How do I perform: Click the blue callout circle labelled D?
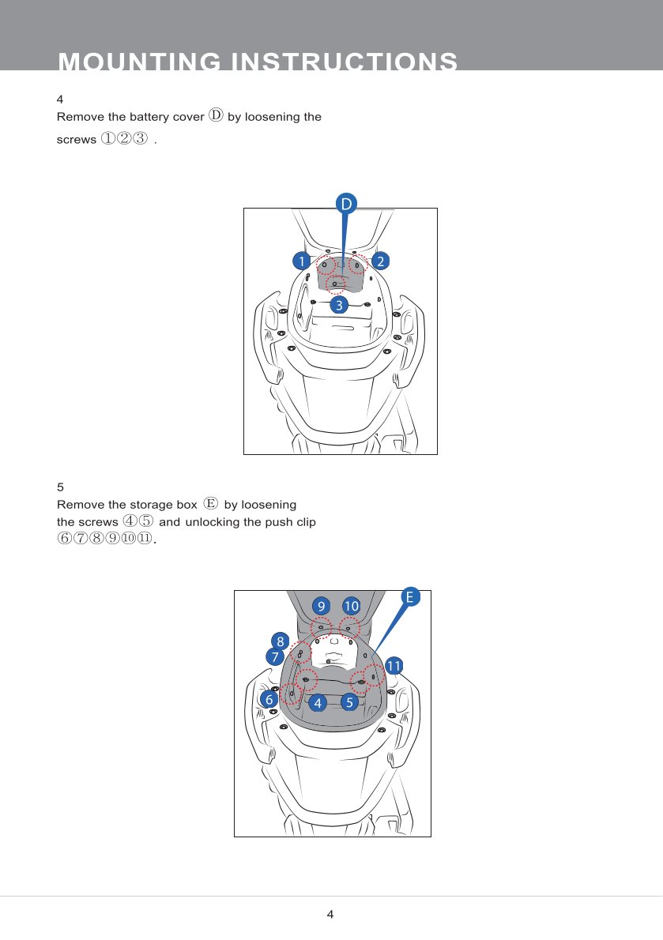coord(346,204)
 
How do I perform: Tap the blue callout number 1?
coord(302,261)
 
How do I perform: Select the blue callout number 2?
coord(380,261)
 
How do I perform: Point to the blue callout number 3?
coord(339,305)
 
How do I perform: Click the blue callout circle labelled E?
coord(410,597)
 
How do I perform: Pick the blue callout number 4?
coord(318,702)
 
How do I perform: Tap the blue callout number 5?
coord(349,702)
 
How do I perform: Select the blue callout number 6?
coord(269,699)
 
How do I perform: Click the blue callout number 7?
coord(274,657)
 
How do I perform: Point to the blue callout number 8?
coord(280,641)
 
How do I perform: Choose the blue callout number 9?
coord(322,606)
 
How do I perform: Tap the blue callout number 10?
coord(352,606)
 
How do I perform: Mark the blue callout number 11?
coord(394,666)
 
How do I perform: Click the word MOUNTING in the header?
coord(140,62)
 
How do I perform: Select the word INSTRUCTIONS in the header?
coord(344,62)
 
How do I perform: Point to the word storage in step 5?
coord(153,505)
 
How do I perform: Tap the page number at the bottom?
coord(330,914)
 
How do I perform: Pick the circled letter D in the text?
coord(216,115)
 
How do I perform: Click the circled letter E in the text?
coord(210,503)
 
